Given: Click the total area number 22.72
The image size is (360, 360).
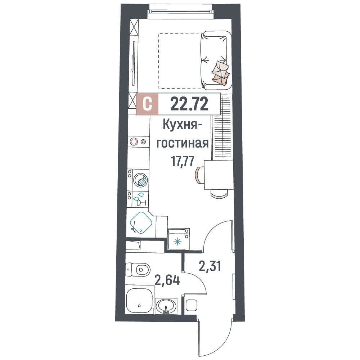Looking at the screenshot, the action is click(189, 104).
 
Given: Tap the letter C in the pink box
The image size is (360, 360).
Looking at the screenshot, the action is click(147, 104).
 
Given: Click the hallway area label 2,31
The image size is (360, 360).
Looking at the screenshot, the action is click(210, 266).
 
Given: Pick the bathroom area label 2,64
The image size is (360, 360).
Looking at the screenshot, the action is click(167, 280).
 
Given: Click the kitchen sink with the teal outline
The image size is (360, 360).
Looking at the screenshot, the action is click(141, 223).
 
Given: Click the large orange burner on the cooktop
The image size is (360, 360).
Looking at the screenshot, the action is click(134, 141).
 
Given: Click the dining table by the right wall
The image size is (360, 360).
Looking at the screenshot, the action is click(219, 175).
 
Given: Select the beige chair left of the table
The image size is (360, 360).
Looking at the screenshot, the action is click(199, 175).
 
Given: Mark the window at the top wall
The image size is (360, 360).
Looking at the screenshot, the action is click(179, 11).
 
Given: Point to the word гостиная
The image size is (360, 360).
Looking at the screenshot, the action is click(183, 143).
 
